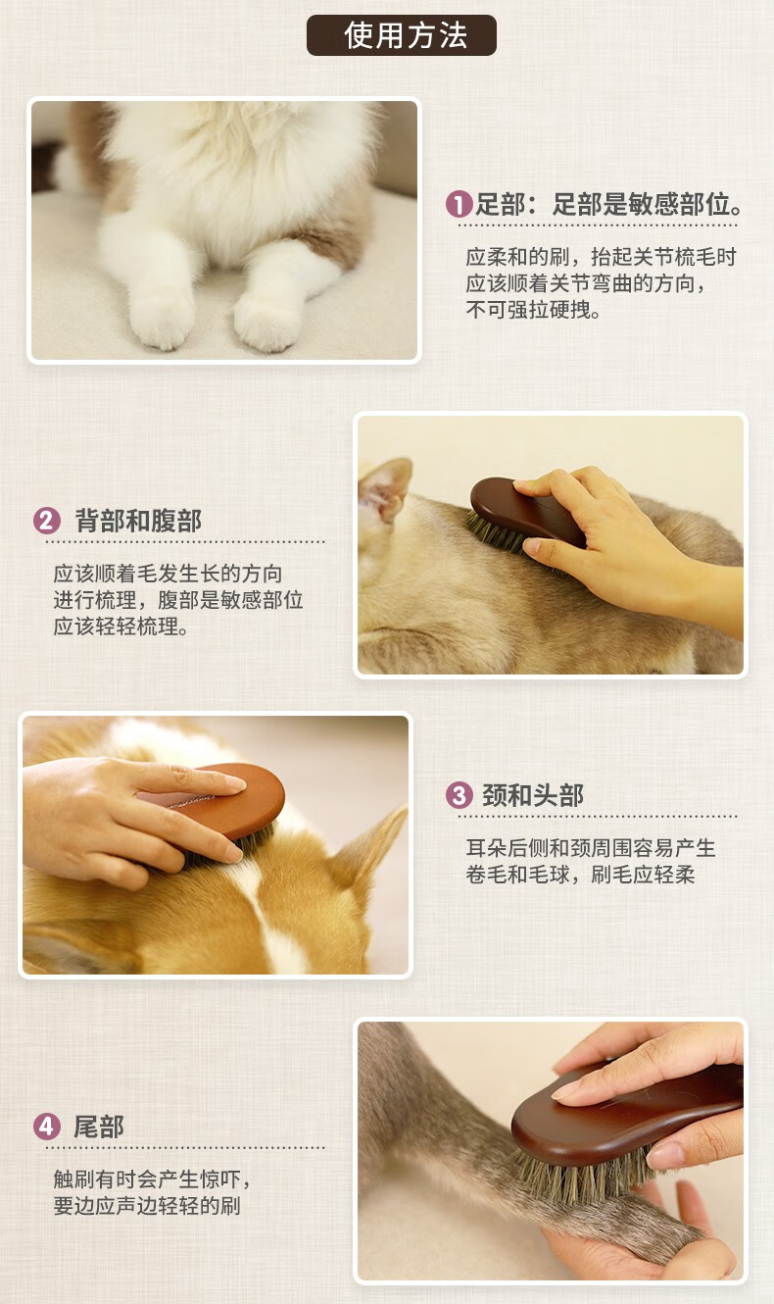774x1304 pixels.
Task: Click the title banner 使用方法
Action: [x=402, y=35]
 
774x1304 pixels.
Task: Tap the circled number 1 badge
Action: [x=459, y=204]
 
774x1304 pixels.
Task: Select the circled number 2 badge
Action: [x=46, y=521]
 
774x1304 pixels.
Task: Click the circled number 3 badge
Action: [x=459, y=795]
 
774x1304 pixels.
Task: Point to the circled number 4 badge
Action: [x=46, y=1127]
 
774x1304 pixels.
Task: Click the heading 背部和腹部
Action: [x=138, y=521]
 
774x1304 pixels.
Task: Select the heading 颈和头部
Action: [x=533, y=795]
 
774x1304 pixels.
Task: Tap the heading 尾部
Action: [x=99, y=1127]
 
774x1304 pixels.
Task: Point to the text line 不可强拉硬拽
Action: [x=533, y=310]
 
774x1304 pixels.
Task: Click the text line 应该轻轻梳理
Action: [x=121, y=627]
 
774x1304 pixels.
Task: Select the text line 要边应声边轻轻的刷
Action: [x=147, y=1206]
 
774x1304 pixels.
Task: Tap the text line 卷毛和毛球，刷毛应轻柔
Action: [x=580, y=875]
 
